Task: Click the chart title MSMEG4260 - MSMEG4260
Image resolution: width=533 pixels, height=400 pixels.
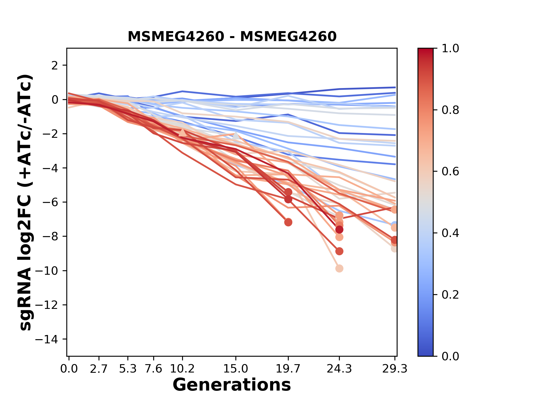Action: point(232,36)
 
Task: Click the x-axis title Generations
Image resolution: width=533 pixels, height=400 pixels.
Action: point(232,385)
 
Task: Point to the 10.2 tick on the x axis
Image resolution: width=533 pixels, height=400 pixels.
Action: point(182,369)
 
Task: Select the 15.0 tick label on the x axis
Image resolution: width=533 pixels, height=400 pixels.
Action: point(236,369)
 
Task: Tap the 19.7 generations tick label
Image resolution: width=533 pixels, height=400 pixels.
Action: point(288,369)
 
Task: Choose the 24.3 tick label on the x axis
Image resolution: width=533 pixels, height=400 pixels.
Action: point(339,369)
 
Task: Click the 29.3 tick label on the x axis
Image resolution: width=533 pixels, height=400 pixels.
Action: point(394,369)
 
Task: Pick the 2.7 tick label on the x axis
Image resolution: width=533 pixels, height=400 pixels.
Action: point(99,369)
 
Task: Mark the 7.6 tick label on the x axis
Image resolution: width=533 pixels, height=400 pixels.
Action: point(154,369)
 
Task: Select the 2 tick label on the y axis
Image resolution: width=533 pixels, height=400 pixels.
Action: point(55,66)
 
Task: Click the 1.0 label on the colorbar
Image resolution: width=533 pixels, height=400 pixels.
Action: point(450,49)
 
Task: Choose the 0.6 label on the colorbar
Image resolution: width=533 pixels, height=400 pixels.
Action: point(450,172)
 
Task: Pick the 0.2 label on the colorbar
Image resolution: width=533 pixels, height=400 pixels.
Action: point(450,295)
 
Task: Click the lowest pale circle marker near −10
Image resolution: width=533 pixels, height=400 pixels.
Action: point(339,268)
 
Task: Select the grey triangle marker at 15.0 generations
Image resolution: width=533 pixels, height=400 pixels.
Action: point(236,136)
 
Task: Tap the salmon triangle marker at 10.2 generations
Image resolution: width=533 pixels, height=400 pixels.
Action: point(182,132)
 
